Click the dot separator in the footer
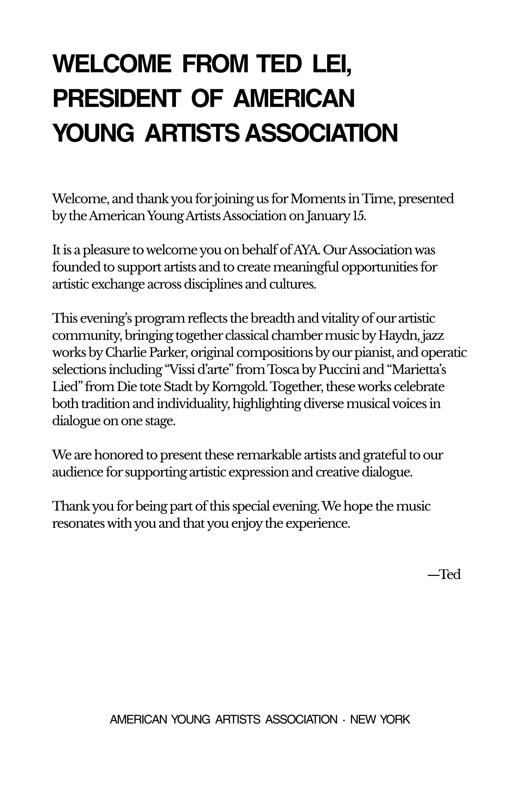pos(344,720)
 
